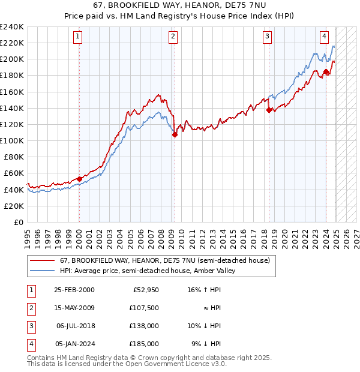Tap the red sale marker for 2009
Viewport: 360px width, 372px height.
[x=175, y=135]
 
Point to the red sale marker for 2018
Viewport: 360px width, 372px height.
[x=269, y=110]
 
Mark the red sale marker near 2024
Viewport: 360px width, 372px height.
[x=326, y=72]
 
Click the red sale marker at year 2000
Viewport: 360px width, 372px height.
[x=79, y=179]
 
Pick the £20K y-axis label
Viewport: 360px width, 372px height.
[x=14, y=206]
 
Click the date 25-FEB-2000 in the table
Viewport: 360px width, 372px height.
[x=74, y=290]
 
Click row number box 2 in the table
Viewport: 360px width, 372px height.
[x=29, y=308]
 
